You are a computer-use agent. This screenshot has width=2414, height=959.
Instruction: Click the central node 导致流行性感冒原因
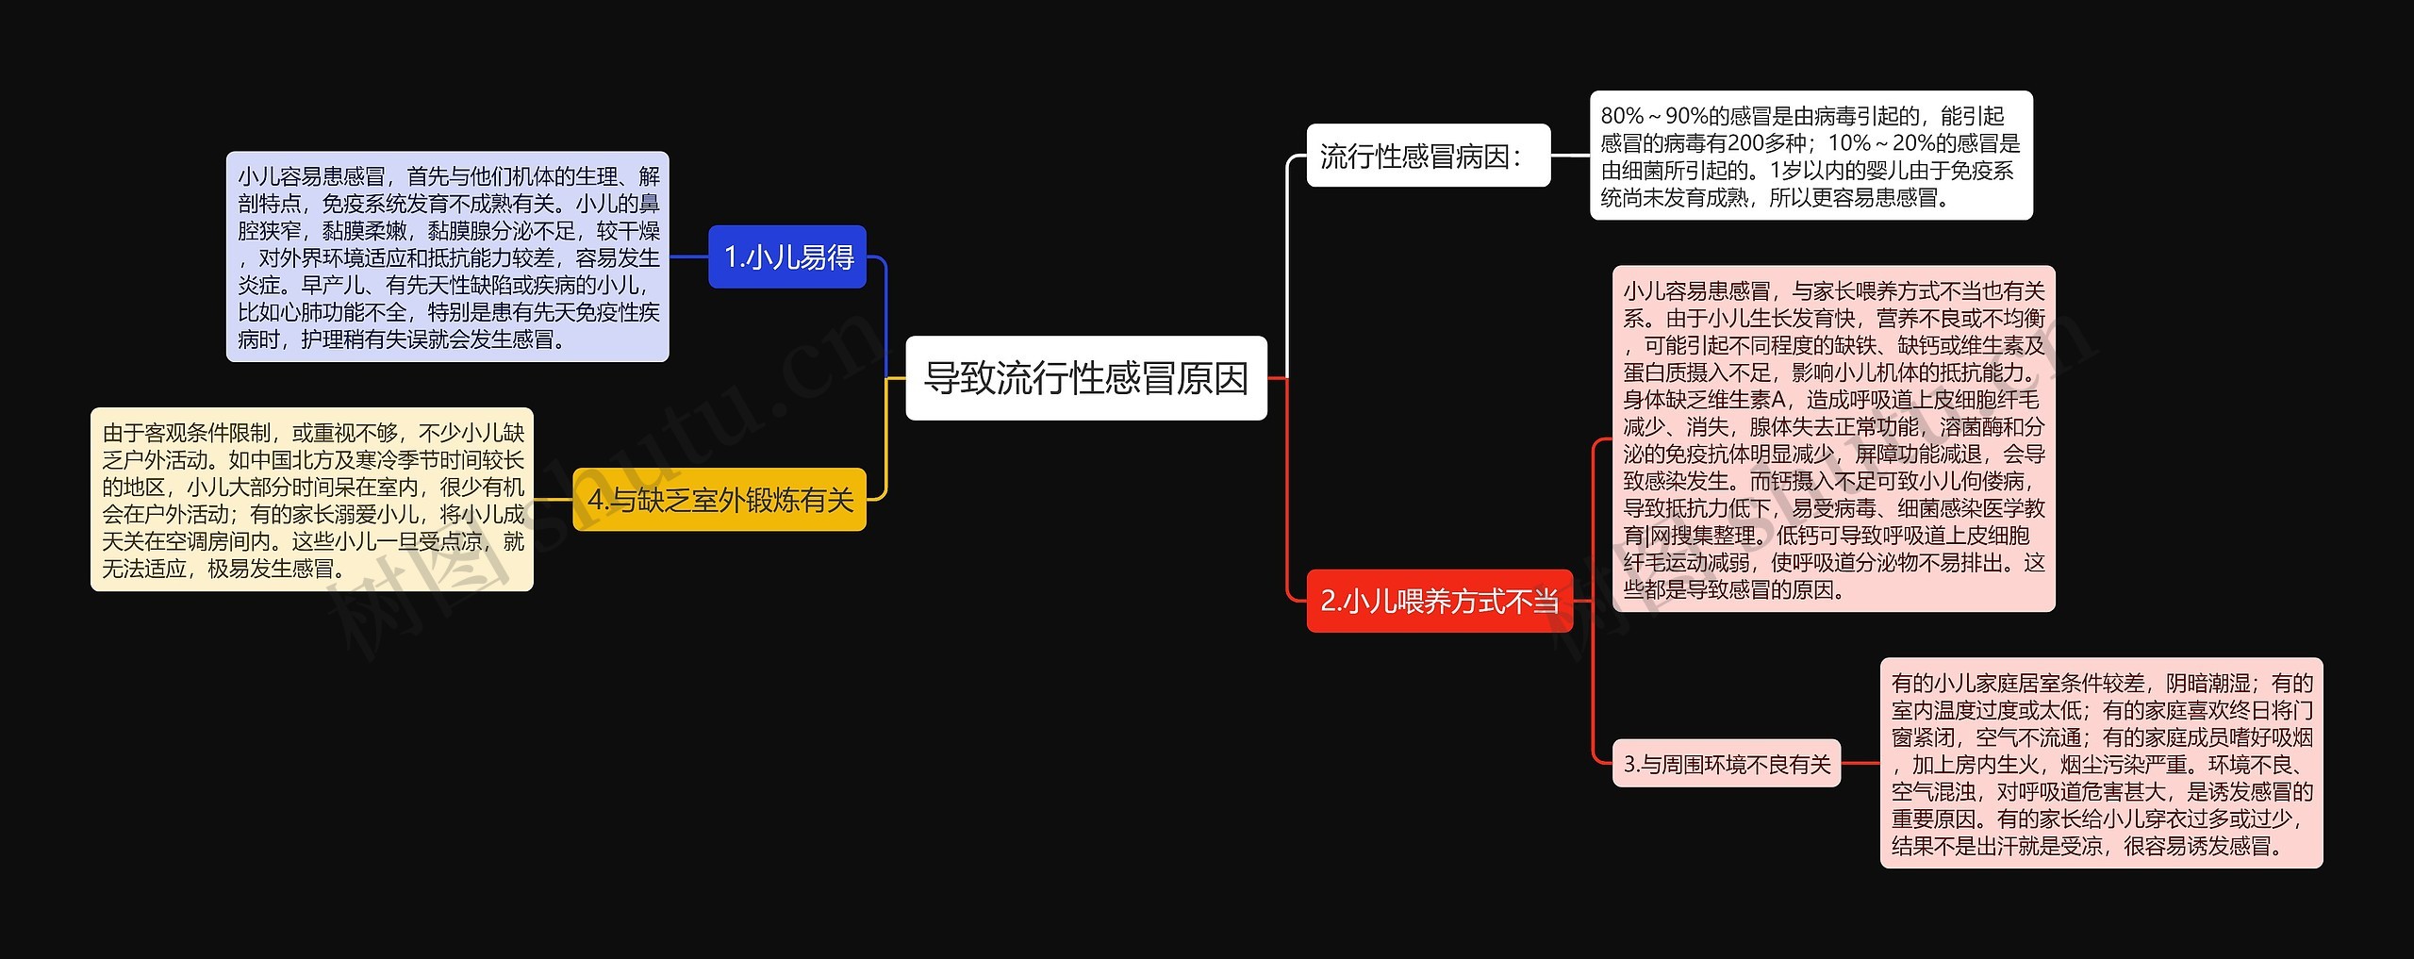(1085, 378)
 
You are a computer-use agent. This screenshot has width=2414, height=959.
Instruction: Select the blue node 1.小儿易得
(786, 256)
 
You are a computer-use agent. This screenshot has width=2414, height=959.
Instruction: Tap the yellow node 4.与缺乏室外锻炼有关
(719, 500)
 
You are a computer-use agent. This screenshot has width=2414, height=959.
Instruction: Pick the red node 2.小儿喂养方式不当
(1439, 601)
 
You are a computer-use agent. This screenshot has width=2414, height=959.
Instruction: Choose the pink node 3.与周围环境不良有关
(1726, 764)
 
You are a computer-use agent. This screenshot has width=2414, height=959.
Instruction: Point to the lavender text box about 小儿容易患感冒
(448, 256)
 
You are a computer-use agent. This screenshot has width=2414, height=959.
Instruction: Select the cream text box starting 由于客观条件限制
(312, 500)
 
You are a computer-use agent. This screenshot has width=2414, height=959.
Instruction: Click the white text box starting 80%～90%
(1810, 156)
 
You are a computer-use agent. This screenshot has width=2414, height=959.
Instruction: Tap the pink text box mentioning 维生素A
(1833, 439)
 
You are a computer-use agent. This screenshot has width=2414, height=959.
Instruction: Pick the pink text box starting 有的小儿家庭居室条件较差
(2101, 764)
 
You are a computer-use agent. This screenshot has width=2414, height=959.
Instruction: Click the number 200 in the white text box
(1749, 143)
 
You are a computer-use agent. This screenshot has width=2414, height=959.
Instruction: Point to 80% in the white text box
(1622, 116)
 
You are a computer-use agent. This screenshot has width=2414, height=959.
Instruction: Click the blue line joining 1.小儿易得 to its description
(688, 256)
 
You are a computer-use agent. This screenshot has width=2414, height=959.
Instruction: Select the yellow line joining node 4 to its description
(554, 500)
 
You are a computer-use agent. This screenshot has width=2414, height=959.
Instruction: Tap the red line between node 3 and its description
(1860, 764)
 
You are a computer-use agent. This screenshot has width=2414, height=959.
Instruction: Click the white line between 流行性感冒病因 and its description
(1570, 156)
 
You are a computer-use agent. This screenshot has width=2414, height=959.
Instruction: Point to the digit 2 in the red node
(1328, 601)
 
